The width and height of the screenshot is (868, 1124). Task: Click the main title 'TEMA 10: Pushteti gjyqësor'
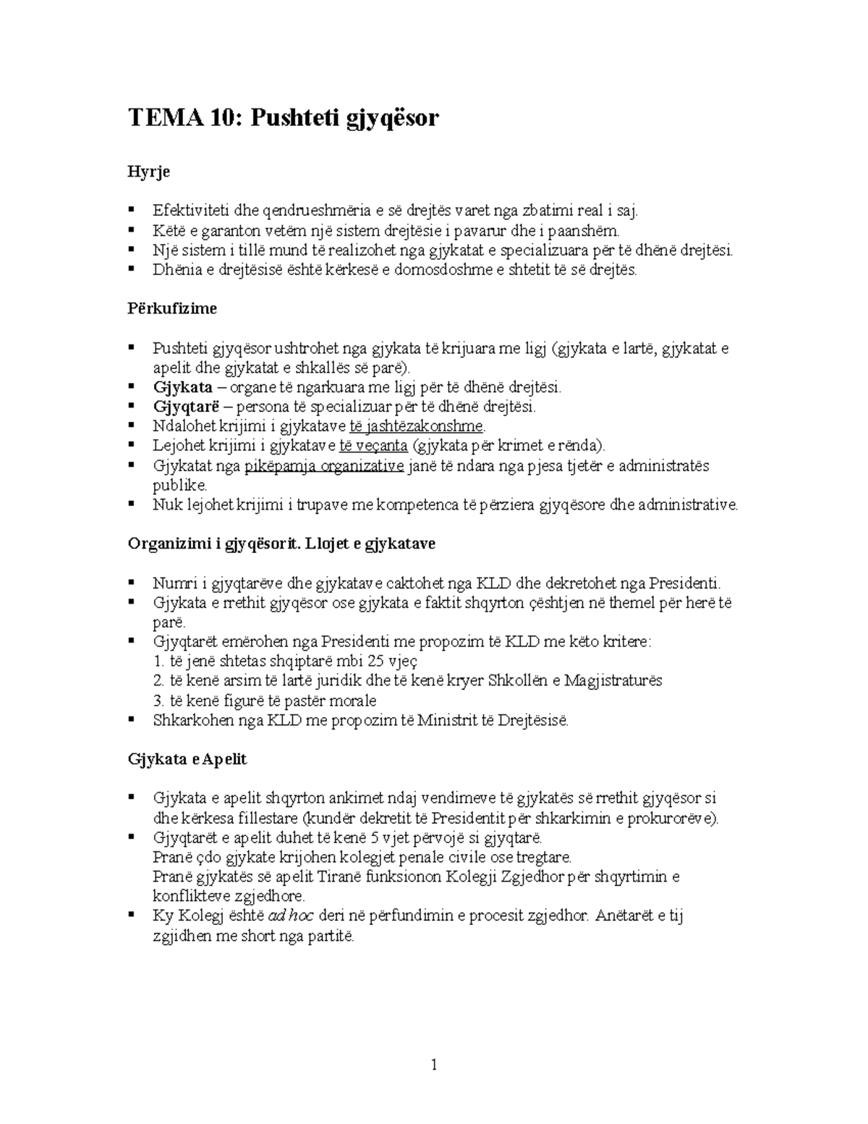(283, 118)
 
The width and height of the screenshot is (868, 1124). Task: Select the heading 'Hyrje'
(148, 172)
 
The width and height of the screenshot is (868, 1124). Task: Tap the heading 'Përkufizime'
(172, 308)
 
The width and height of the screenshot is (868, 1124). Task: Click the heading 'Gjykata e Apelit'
(187, 759)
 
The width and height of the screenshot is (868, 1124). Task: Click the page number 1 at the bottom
(434, 1065)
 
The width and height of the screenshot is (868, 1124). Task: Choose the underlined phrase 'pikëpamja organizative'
(324, 465)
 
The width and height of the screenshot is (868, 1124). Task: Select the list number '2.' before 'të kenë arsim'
(158, 680)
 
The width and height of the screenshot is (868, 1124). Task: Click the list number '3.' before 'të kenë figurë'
(158, 700)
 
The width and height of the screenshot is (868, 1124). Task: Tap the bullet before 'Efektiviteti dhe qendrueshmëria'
(132, 210)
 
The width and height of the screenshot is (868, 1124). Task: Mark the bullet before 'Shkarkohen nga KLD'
(132, 719)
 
